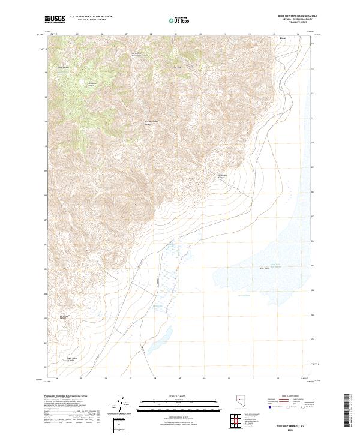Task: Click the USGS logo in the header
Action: point(55,19)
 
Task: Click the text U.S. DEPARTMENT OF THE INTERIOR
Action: point(91,17)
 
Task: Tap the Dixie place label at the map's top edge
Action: point(283,38)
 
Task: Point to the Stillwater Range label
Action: point(92,83)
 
